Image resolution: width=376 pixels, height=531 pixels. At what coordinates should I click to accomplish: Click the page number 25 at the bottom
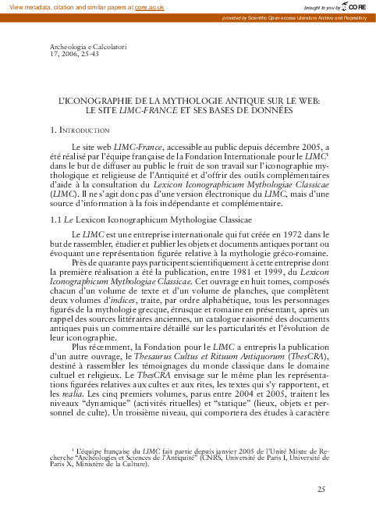pyautogui.click(x=321, y=490)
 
